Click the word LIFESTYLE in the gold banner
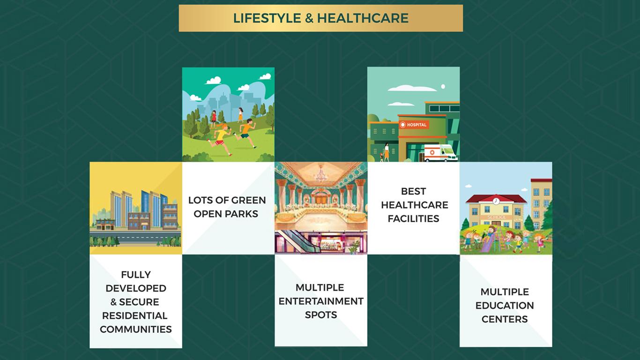click(267, 18)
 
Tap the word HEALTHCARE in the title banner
click(363, 18)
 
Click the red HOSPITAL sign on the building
click(414, 125)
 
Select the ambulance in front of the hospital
click(440, 153)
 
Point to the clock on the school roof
click(496, 201)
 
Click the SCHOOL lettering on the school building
click(497, 217)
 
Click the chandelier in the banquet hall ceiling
click(320, 174)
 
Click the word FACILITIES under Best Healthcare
click(413, 219)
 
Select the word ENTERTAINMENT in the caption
click(321, 301)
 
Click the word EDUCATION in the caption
click(505, 305)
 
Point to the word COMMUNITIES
click(136, 330)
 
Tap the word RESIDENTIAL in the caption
click(134, 315)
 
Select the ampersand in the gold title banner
click(309, 18)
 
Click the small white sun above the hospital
click(443, 86)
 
